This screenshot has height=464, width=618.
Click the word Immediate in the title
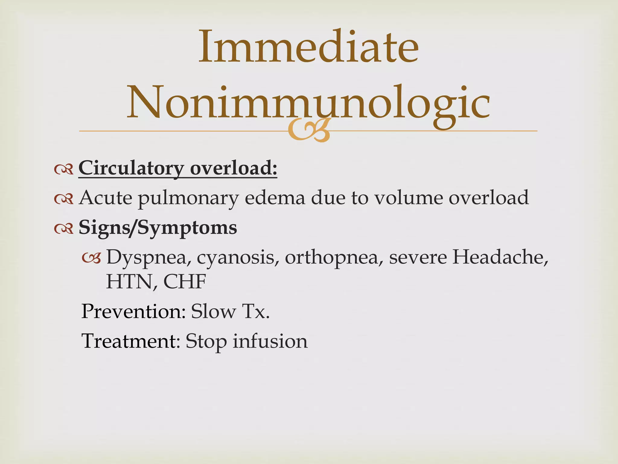(x=308, y=47)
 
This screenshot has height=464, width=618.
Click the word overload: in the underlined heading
(x=234, y=168)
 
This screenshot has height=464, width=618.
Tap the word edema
(x=275, y=198)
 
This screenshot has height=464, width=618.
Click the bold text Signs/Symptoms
(x=158, y=228)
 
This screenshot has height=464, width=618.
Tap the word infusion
(x=270, y=341)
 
